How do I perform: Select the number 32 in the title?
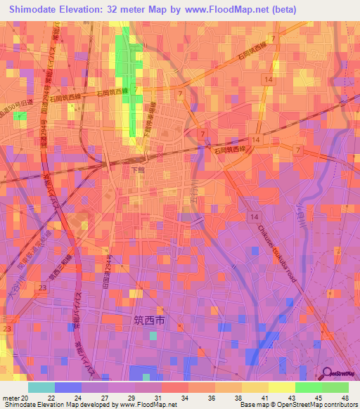tap(117, 10)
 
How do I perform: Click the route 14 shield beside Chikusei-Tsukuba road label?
tap(251, 219)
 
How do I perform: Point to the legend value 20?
tap(25, 397)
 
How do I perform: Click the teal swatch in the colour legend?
tap(41, 387)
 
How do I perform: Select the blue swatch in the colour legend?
tap(68, 387)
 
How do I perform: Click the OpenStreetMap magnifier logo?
tap(327, 374)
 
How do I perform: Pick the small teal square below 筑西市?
tap(153, 335)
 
